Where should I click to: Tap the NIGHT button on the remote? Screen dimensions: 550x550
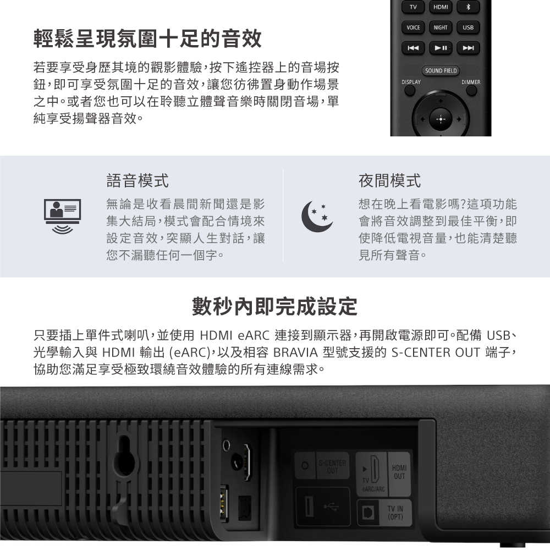[440, 28]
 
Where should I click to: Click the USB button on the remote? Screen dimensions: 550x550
[468, 28]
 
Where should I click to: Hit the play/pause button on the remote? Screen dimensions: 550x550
[440, 48]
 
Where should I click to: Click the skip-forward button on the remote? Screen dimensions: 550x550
[468, 48]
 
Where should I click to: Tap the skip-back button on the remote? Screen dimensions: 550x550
[413, 48]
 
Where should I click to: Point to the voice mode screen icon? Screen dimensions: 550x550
[62, 213]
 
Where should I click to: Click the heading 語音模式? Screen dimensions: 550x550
[137, 180]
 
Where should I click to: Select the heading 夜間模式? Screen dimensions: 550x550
[389, 180]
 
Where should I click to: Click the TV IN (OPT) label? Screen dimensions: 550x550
[395, 514]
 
